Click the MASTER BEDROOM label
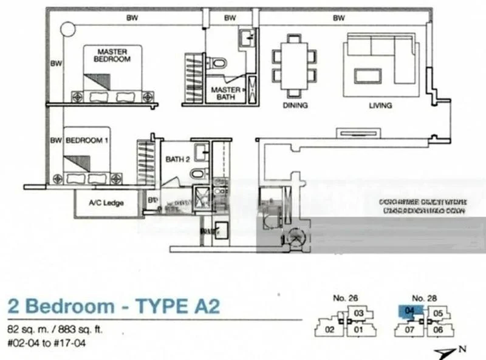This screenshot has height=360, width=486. pos(113,56)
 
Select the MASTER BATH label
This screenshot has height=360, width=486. pos(225,93)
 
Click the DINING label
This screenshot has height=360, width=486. pos(295,105)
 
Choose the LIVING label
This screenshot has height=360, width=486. pos(380,105)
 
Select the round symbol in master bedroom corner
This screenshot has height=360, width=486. pos(67,29)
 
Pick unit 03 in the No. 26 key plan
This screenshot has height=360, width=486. pos(359,313)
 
